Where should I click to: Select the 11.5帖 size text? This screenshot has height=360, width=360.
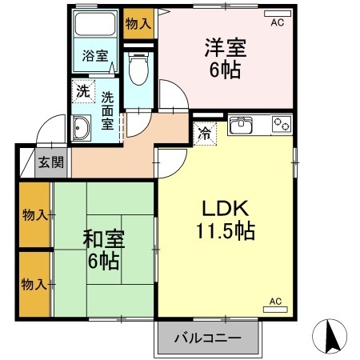(x=224, y=232)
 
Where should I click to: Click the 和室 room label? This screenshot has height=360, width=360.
(x=102, y=238)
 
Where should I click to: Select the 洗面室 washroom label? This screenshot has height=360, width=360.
(x=106, y=113)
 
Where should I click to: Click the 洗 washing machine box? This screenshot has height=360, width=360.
(x=82, y=91)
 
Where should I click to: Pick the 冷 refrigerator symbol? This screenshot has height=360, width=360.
(x=206, y=133)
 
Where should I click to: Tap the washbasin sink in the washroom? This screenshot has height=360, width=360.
(x=81, y=128)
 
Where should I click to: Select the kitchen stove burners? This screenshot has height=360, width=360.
(x=281, y=124)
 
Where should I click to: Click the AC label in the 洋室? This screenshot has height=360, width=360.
(x=277, y=23)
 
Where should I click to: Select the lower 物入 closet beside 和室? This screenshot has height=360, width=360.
(x=33, y=284)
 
